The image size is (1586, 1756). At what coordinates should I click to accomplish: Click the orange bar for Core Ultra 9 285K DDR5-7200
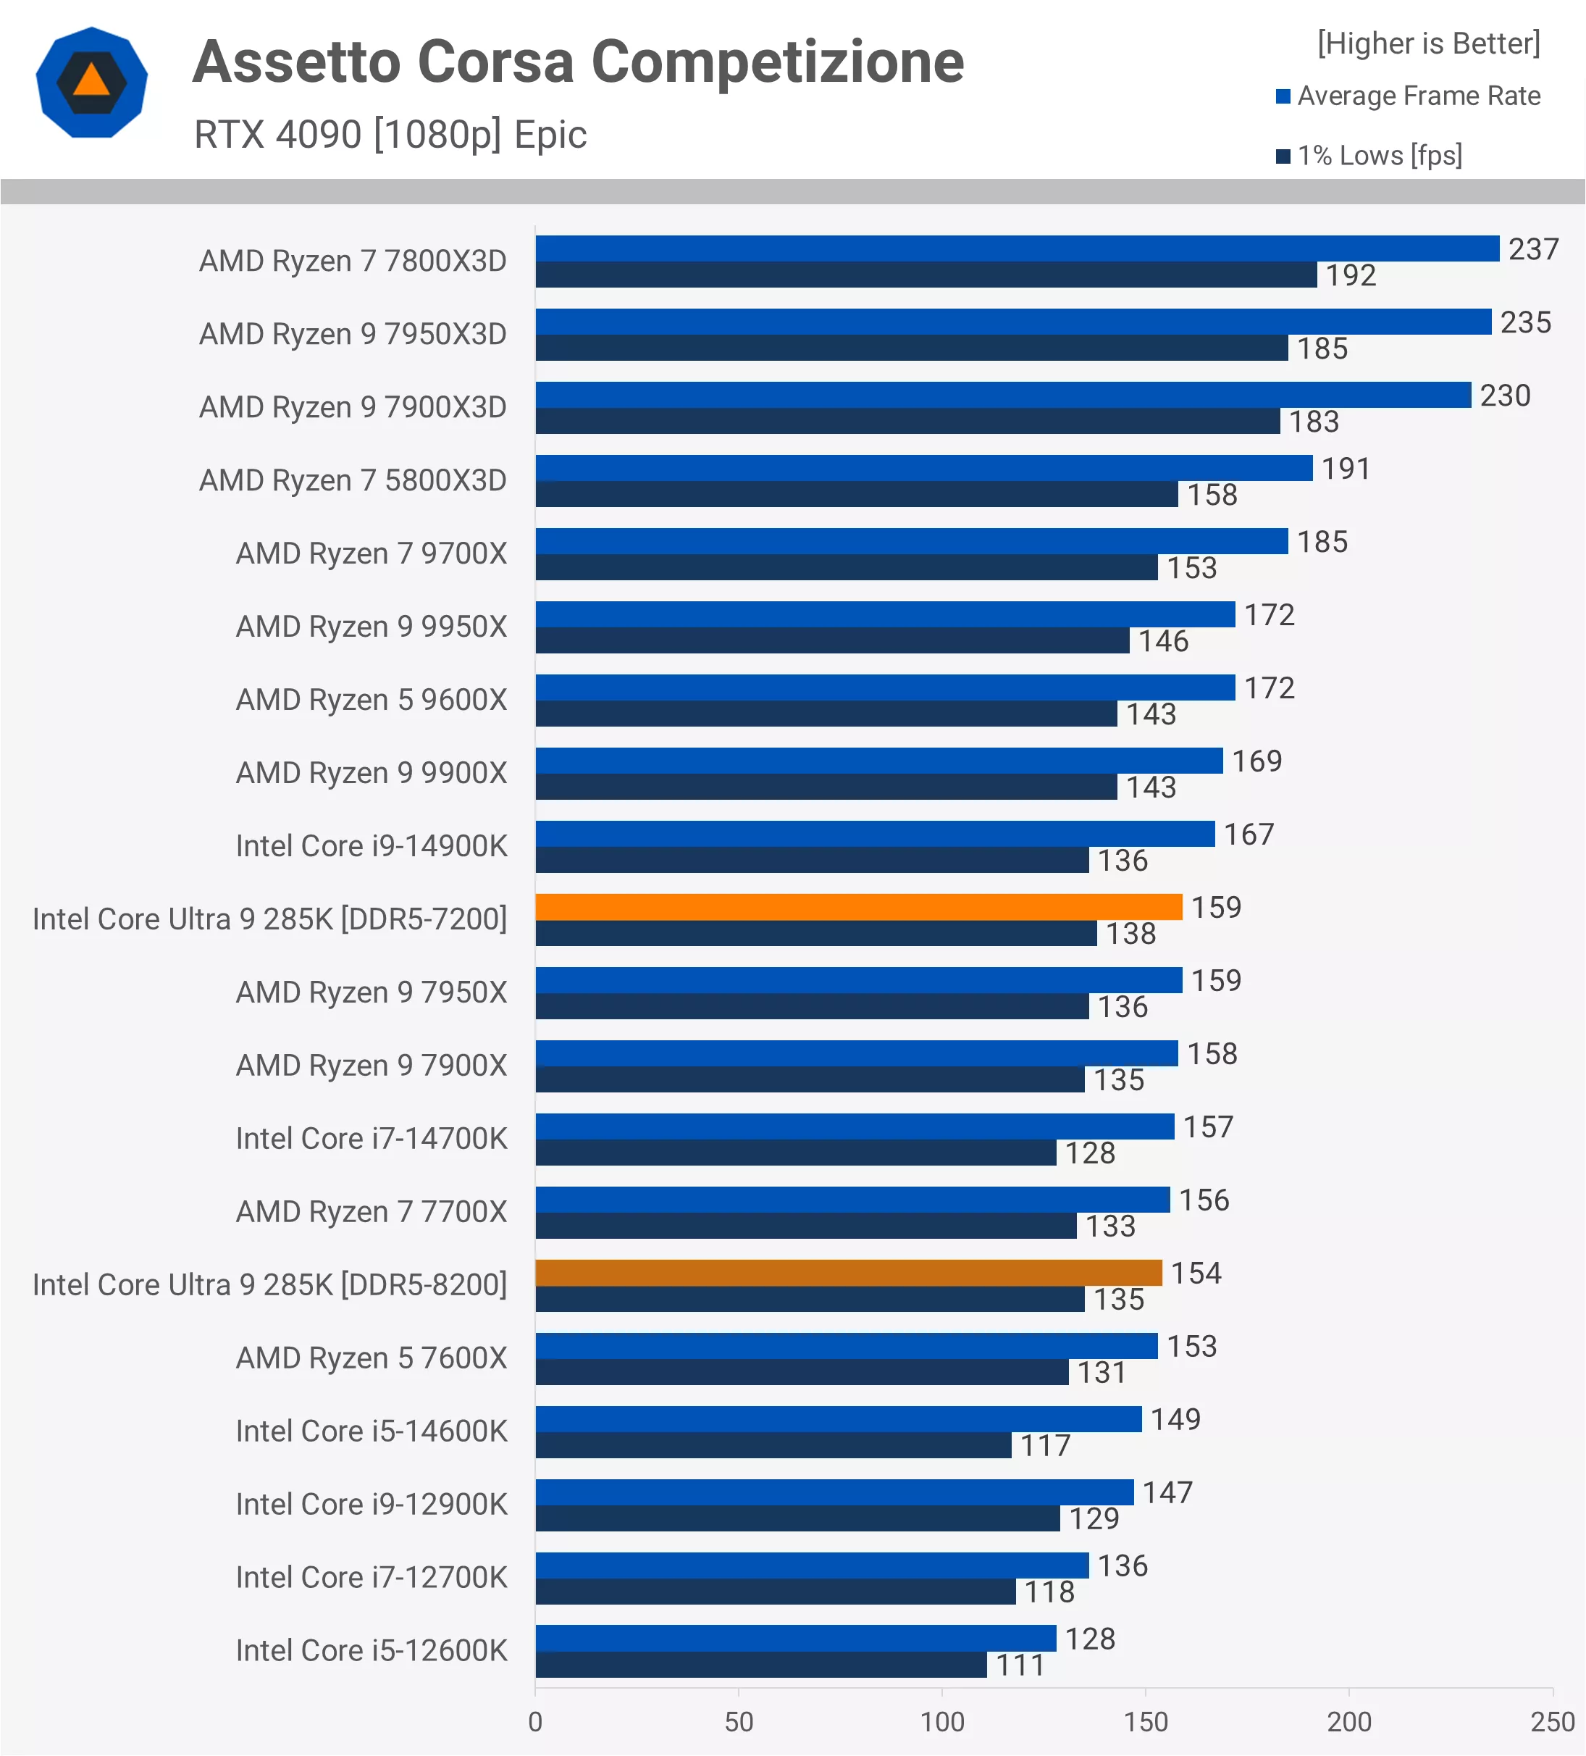click(858, 907)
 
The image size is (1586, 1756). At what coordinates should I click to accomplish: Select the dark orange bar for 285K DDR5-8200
click(847, 1273)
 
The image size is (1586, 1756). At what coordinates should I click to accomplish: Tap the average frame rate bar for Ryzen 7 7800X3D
click(1016, 248)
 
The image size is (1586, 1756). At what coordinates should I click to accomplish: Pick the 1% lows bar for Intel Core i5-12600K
click(760, 1665)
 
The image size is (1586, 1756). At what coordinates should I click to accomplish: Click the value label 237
click(1533, 249)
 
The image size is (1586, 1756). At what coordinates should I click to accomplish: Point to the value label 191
click(1346, 469)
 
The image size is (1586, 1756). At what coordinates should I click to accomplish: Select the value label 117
click(1044, 1446)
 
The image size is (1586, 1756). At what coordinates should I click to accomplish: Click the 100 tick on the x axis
click(942, 1722)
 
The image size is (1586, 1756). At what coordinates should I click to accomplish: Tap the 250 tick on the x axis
click(1552, 1722)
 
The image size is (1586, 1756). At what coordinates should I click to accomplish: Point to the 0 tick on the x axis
click(536, 1722)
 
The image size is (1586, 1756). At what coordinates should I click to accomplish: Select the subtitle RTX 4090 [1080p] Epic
click(390, 135)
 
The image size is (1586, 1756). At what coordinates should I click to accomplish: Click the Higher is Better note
click(1428, 43)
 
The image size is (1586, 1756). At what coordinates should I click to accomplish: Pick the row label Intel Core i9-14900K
click(371, 846)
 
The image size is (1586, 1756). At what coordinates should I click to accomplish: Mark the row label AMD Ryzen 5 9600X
click(371, 700)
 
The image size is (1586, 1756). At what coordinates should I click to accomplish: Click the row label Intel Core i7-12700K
click(371, 1578)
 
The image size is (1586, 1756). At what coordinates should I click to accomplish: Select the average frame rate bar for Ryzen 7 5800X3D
click(923, 468)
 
